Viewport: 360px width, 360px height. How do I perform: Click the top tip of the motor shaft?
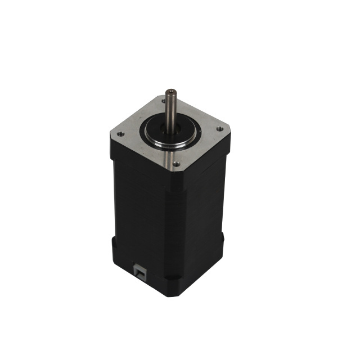click(169, 91)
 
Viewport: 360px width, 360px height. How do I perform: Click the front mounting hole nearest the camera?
click(176, 164)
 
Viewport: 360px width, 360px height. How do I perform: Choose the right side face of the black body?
click(197, 219)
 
